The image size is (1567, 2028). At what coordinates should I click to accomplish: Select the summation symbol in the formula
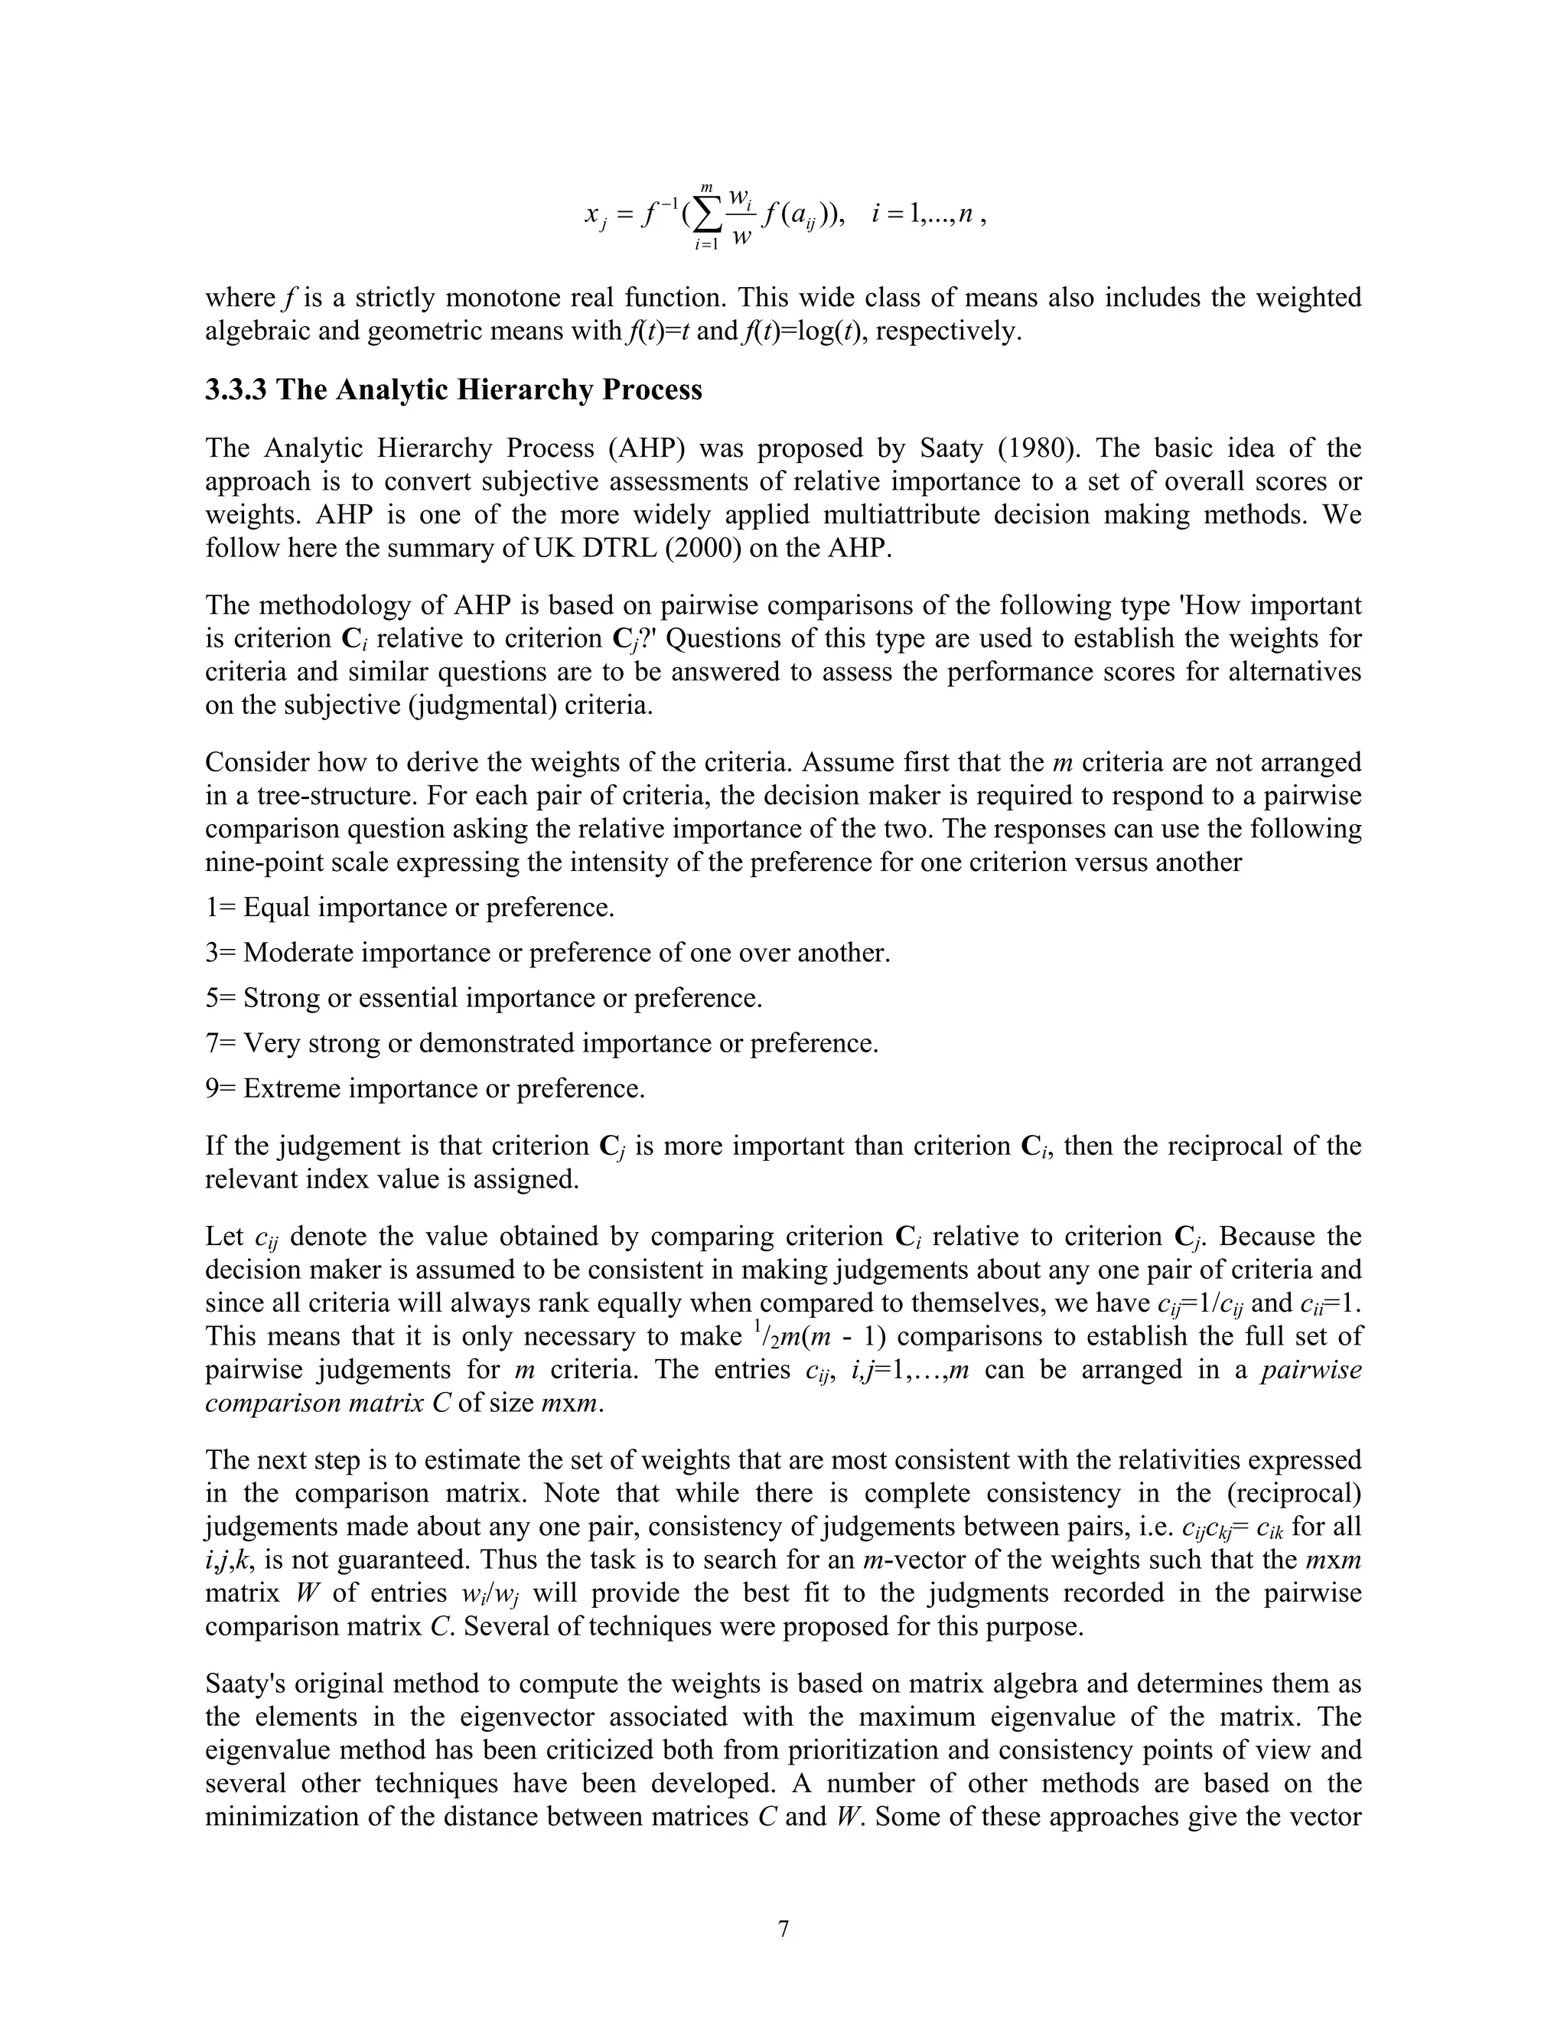705,217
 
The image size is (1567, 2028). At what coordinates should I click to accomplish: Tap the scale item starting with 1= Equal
409,907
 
